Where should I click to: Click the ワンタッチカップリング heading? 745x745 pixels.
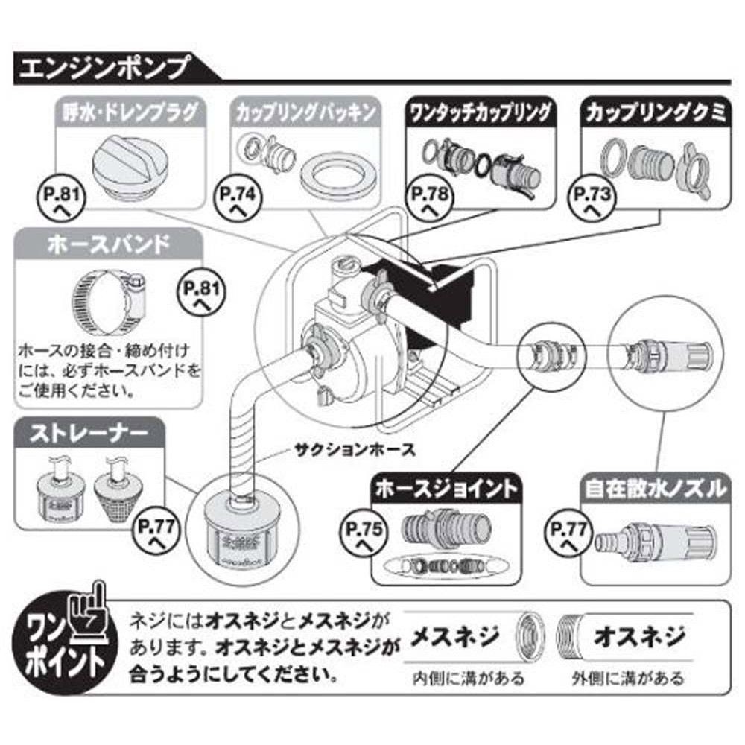(x=481, y=113)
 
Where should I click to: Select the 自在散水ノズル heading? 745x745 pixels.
(x=653, y=489)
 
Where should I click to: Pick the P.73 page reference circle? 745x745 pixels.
(x=592, y=200)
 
